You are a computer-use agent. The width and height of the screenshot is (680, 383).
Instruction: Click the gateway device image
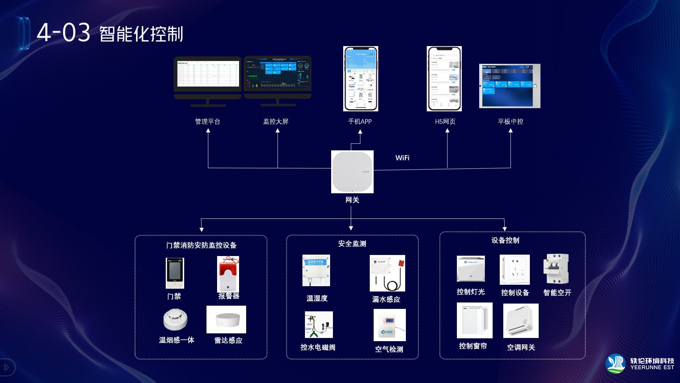pos(352,172)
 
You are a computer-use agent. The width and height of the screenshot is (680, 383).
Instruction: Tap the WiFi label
pos(402,158)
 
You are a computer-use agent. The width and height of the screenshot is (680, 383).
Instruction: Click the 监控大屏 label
pos(276,122)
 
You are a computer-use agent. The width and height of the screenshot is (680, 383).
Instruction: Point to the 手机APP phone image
pos(361,79)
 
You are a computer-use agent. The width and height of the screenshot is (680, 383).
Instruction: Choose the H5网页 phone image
pos(444,79)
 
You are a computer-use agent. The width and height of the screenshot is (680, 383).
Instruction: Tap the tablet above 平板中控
pos(510,86)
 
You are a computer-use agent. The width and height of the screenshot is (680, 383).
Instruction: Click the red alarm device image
pos(228,274)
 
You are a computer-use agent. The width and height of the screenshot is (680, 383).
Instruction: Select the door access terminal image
pos(175,273)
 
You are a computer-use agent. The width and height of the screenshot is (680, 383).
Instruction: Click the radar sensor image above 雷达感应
pos(226,320)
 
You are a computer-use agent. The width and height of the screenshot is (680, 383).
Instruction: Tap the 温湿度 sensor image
pos(316,270)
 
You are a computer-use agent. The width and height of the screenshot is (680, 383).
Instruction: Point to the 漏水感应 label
pos(386,299)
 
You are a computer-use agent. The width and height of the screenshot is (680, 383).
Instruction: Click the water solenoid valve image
pos(319,324)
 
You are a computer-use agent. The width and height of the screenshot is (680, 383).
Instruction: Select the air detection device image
pos(390,325)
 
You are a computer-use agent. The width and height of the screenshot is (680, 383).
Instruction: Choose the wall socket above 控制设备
pos(515,270)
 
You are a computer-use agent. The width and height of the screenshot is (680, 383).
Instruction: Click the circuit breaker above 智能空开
pos(556,269)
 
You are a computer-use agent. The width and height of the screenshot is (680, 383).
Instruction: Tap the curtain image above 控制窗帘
pos(475,320)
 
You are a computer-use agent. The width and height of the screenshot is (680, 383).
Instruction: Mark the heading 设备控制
pos(505,240)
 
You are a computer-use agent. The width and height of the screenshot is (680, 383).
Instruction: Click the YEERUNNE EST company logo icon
pos(616,363)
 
